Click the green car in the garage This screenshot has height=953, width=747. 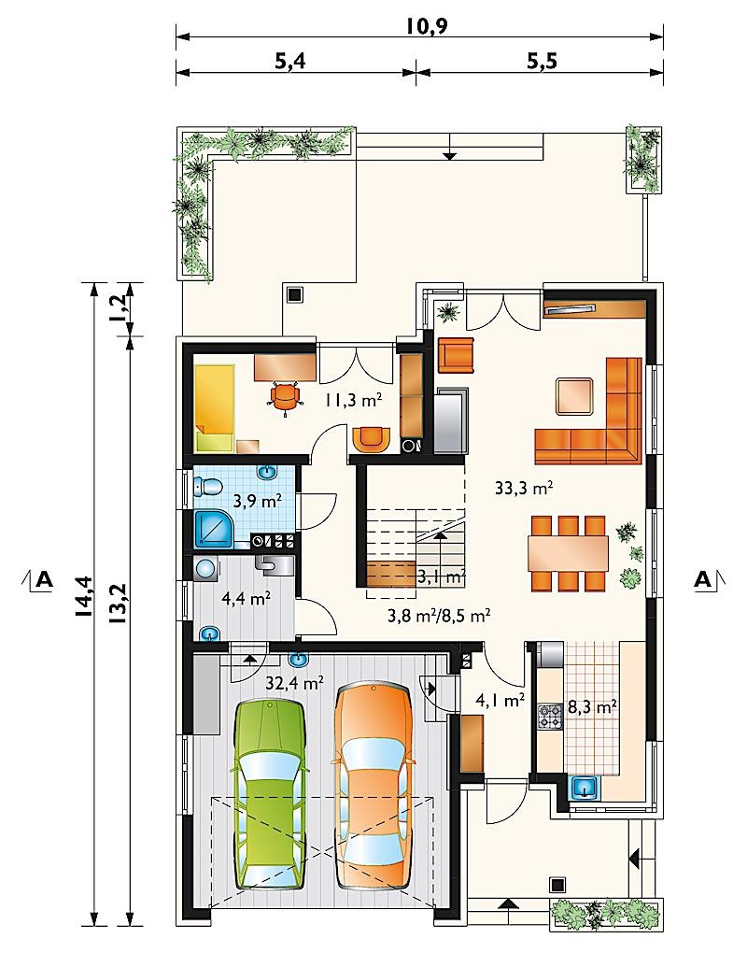(268, 796)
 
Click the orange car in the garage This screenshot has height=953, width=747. (373, 780)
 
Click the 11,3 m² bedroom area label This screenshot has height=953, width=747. (354, 400)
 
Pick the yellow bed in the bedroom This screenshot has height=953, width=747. (214, 408)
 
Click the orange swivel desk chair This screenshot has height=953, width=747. (286, 397)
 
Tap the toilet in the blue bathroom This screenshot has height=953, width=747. (207, 487)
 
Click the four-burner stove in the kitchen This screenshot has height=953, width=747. (549, 716)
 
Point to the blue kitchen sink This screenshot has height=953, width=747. (585, 789)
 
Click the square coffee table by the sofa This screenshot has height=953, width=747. (574, 396)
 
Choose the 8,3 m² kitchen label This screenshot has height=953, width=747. (592, 707)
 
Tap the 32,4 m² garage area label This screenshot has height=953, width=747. (294, 683)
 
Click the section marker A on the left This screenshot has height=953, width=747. (44, 580)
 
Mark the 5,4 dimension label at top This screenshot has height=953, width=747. (290, 62)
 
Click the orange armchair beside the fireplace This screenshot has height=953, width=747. (456, 355)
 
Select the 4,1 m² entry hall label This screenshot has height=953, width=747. (500, 701)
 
